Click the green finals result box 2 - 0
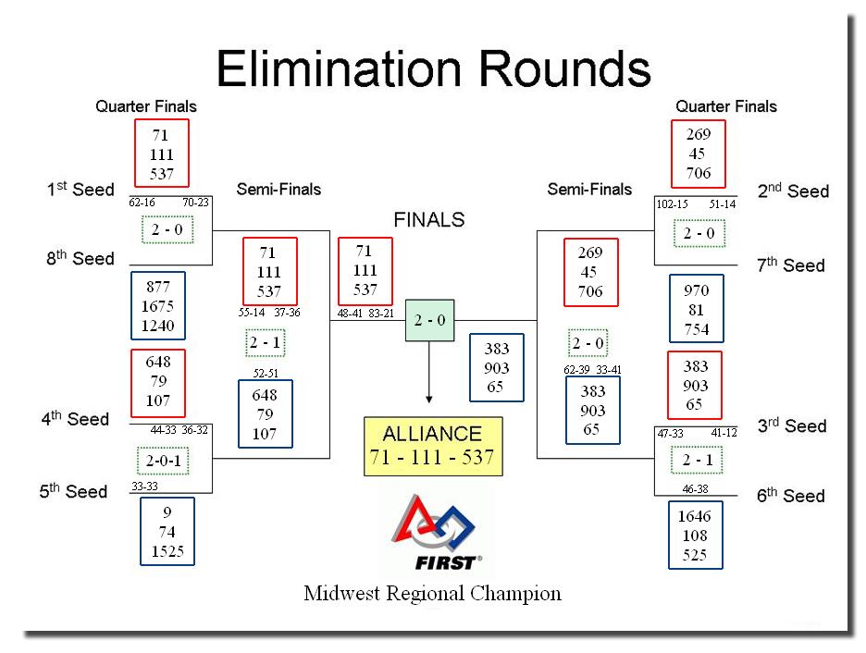429,320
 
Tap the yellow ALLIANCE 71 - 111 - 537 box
433,446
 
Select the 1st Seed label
80,190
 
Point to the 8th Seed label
80,258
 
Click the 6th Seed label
791,495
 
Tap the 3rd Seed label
792,425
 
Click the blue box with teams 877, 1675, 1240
158,306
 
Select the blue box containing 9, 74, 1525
167,532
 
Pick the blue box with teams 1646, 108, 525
696,535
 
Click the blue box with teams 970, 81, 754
697,309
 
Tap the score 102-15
672,204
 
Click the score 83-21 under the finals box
381,314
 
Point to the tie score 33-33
144,487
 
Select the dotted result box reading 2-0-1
163,461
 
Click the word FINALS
429,220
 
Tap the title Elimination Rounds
434,68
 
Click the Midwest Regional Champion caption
432,594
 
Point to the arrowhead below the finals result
429,399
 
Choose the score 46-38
696,489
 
